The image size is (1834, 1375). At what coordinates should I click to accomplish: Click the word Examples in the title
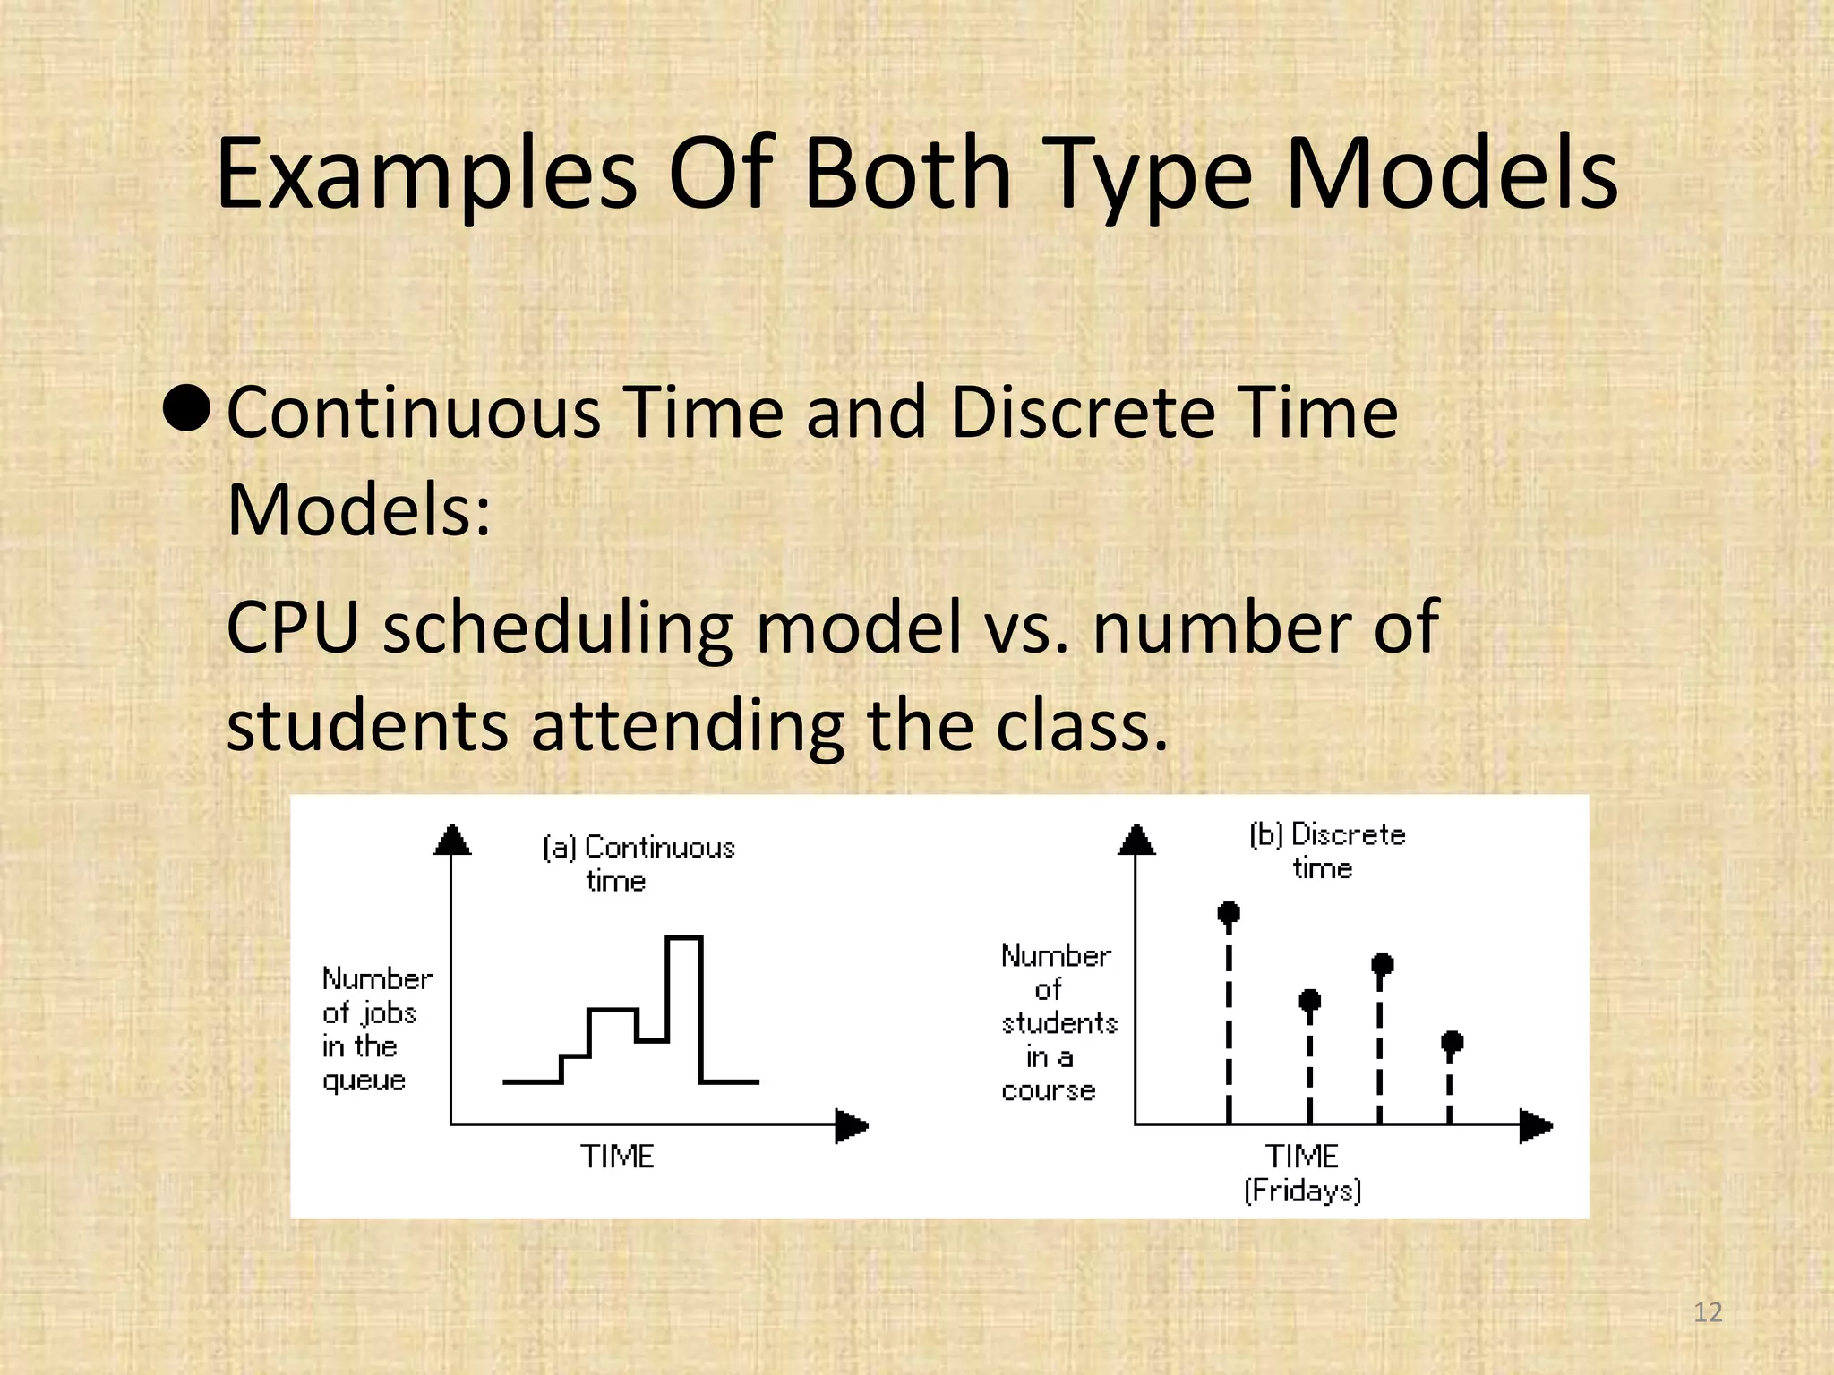(x=426, y=175)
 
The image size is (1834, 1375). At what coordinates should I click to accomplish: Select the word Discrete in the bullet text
(x=1082, y=413)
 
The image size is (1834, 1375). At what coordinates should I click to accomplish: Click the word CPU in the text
(x=292, y=628)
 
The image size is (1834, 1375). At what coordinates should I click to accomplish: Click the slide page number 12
(x=1708, y=1312)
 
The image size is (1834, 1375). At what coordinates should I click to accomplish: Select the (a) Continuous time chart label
(x=638, y=863)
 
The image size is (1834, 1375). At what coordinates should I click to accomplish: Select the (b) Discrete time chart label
(x=1326, y=850)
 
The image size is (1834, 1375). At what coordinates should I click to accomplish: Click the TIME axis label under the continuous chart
(x=617, y=1157)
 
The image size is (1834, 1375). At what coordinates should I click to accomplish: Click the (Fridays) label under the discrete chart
(x=1302, y=1191)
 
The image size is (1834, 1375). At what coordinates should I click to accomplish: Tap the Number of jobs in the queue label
(x=376, y=1029)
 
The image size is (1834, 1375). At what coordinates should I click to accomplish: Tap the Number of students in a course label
(x=1058, y=1022)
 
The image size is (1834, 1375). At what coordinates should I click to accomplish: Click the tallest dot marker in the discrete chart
(x=1229, y=912)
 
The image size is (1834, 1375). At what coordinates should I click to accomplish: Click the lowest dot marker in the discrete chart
(x=1452, y=1041)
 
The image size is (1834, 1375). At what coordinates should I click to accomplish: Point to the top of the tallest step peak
(x=684, y=937)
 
